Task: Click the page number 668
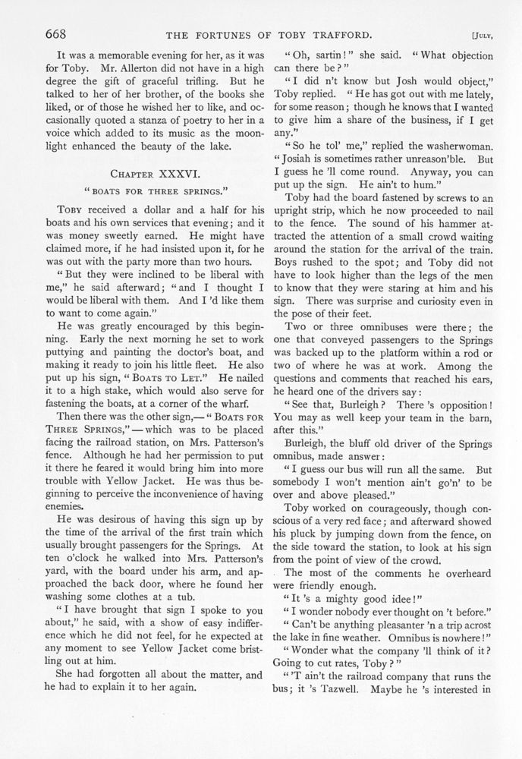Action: (59, 33)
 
